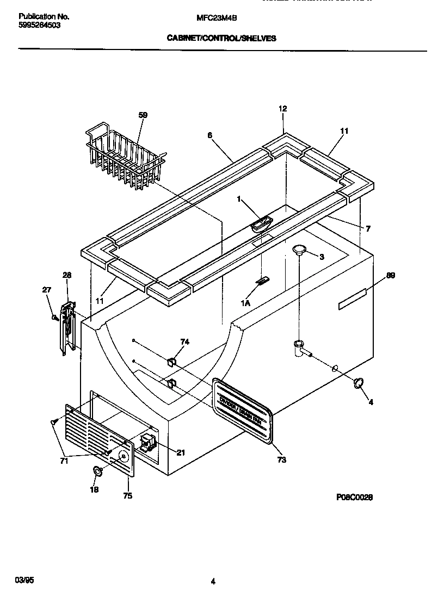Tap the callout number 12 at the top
282,109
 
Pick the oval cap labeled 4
358,383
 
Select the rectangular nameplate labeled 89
353,300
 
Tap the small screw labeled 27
54,317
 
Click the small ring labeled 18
97,471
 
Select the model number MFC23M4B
212,18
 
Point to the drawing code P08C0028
354,497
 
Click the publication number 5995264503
39,24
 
